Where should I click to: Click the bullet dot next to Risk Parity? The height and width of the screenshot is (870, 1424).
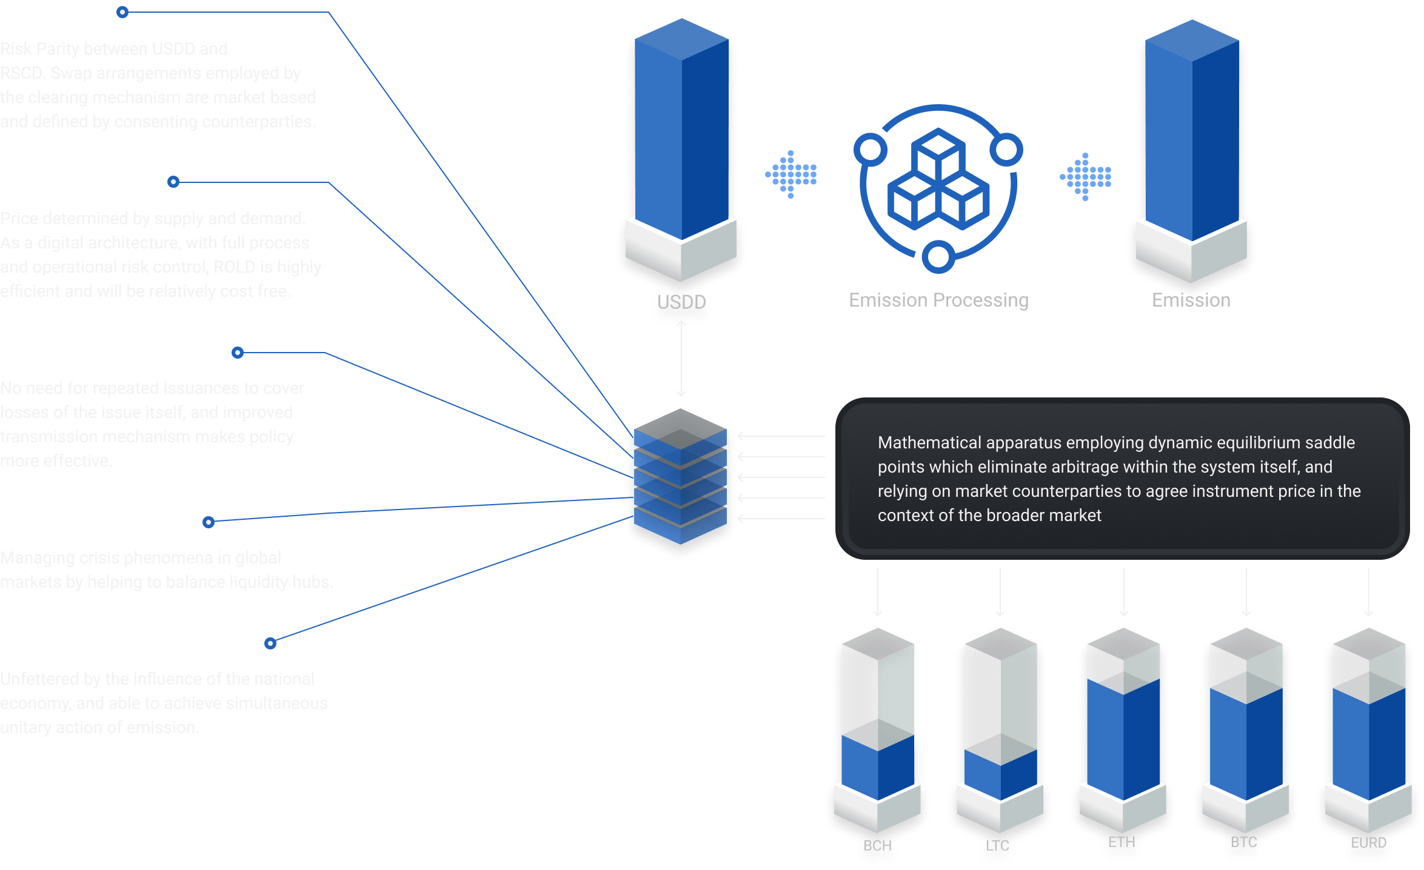point(122,12)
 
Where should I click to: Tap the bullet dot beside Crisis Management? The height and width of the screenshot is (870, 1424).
point(209,522)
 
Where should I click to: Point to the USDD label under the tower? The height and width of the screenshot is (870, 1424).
point(681,301)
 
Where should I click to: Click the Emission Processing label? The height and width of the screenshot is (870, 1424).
point(938,300)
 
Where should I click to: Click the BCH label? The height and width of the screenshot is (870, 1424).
point(877,845)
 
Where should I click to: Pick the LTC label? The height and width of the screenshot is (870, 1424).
point(997,845)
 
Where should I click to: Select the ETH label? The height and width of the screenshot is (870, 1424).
point(1121,842)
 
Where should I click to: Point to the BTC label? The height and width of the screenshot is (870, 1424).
point(1244,842)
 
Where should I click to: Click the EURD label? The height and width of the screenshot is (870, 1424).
point(1368,842)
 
